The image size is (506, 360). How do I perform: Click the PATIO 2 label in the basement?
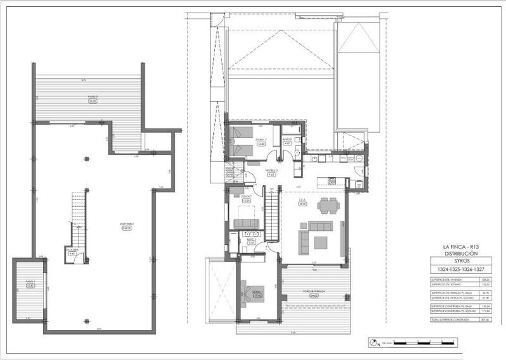(92, 99)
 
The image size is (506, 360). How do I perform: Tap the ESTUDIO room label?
(246, 199)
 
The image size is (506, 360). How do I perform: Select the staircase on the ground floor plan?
(271, 218)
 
